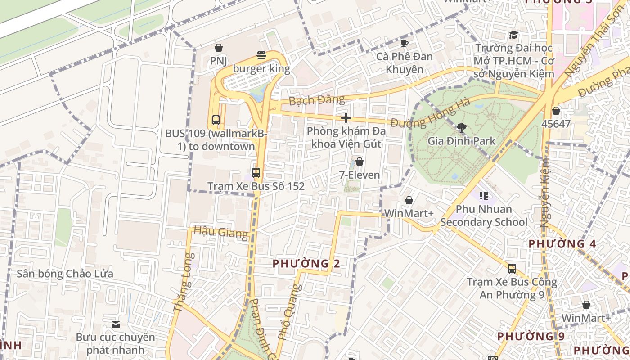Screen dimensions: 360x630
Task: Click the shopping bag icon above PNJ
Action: coord(219,47)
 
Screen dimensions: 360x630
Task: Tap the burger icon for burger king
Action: coord(261,55)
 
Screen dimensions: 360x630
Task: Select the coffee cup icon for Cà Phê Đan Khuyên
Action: coord(405,43)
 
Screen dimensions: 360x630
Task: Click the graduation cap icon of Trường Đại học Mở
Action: coord(513,35)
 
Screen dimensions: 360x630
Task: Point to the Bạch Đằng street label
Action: coord(317,100)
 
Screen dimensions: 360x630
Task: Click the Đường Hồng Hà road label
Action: coord(430,112)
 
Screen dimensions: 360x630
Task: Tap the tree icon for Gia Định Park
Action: coord(461,127)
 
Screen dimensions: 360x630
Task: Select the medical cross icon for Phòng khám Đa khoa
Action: coord(346,118)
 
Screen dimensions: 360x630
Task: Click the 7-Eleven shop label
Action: coord(359,175)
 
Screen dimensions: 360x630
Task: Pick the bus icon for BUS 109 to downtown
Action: coord(216,120)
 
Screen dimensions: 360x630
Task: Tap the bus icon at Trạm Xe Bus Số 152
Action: coord(256,172)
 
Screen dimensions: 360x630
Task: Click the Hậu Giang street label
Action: coord(220,232)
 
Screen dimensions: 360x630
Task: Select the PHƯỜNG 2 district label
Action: coord(306,264)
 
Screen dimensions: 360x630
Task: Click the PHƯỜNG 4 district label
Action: coord(562,244)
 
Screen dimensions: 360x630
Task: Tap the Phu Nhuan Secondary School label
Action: coord(484,216)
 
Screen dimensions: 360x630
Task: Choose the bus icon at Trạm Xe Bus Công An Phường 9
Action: coord(512,269)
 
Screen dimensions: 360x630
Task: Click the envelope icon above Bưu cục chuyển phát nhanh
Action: coord(116,324)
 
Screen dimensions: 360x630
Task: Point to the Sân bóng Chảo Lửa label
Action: coord(65,274)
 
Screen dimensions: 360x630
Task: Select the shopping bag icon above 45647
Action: coord(556,110)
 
